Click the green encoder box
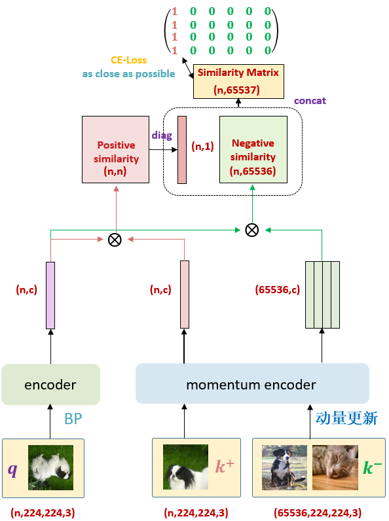50,384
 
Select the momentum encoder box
252,384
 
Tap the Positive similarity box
115,149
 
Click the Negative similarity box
253,149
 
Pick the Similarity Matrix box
238,81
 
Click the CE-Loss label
128,60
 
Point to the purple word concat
310,101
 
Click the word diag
162,135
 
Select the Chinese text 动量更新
346,418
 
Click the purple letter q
12,469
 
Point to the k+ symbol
225,467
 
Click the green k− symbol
373,467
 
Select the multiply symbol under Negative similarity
251,230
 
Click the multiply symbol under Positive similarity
115,240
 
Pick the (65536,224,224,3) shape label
317,512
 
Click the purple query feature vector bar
50,295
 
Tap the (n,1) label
202,147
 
